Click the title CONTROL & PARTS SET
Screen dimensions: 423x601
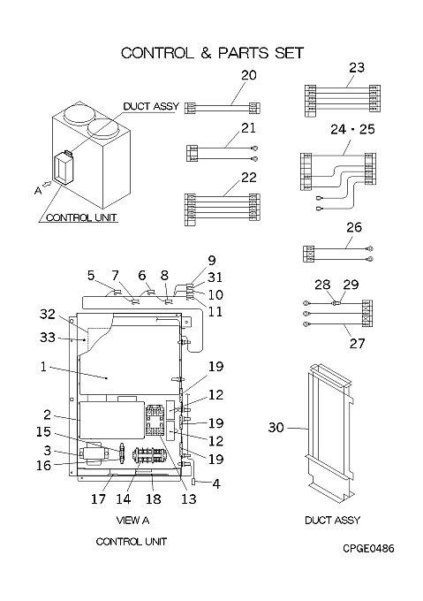(x=212, y=53)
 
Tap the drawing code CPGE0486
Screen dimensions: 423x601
(x=368, y=549)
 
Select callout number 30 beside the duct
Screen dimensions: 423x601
(x=276, y=427)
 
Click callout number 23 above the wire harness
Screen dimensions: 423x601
(x=357, y=68)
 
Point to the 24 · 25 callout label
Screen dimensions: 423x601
(x=352, y=129)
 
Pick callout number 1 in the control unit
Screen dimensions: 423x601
(x=43, y=367)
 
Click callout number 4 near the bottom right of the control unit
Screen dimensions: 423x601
(x=216, y=484)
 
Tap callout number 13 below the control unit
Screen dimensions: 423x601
(x=189, y=498)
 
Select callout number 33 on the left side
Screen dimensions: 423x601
(x=48, y=338)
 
